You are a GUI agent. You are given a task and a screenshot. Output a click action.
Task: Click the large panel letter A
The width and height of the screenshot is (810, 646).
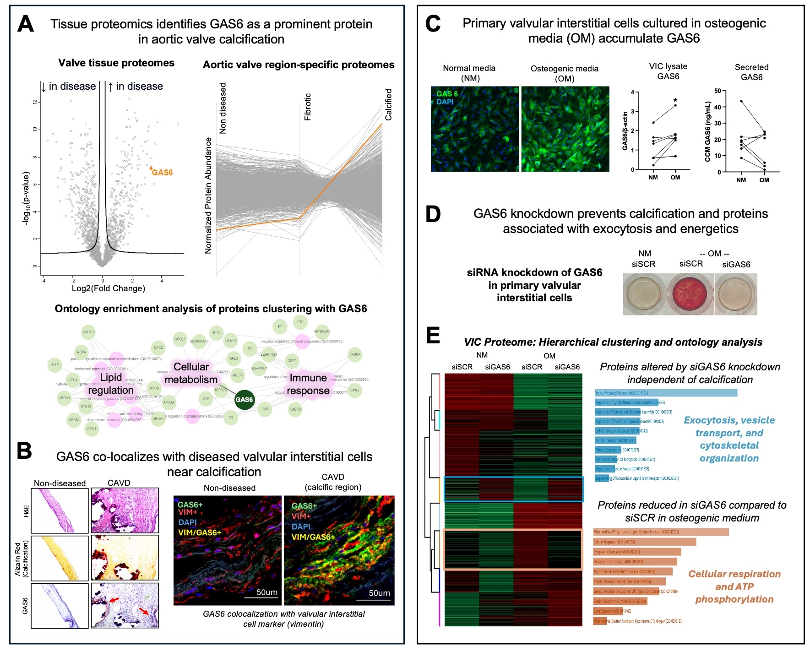point(26,24)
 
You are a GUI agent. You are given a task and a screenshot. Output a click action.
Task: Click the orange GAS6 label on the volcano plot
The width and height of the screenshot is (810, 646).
point(162,173)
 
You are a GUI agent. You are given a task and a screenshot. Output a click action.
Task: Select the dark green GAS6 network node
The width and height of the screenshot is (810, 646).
point(244,400)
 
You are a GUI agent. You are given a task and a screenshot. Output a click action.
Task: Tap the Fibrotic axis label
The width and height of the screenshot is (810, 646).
point(308,107)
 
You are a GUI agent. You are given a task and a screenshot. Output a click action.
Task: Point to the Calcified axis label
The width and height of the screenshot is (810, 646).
point(388,104)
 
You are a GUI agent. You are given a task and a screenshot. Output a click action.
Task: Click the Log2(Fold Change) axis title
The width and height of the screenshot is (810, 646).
point(109,288)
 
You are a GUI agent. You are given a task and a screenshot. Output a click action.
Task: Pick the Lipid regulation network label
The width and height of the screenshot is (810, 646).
point(111,384)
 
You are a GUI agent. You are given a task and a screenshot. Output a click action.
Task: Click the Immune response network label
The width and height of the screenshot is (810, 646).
point(308,384)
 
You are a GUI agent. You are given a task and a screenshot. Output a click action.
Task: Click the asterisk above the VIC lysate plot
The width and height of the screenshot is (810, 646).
point(675,101)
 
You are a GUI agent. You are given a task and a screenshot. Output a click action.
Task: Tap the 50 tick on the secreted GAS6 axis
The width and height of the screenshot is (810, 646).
point(717,91)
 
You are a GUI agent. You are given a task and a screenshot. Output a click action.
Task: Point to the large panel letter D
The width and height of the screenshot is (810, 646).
point(433,214)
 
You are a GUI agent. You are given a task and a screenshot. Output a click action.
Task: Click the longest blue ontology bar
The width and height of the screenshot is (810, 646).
point(666,393)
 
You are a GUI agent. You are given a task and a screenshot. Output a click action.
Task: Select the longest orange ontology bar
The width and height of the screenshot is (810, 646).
point(661,532)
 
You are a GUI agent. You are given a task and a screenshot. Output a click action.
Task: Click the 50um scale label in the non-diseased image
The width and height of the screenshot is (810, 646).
point(267,592)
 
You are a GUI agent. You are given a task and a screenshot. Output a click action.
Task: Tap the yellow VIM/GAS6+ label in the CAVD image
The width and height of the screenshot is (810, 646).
point(313,537)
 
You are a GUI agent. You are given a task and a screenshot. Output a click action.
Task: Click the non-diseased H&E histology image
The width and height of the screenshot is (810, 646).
point(60,510)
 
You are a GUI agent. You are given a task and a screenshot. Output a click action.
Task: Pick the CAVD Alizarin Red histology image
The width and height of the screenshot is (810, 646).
point(125,558)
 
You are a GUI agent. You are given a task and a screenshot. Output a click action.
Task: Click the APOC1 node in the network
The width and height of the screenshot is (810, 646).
point(88,332)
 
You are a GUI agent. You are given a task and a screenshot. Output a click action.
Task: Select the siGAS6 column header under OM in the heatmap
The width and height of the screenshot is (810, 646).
point(567,367)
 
